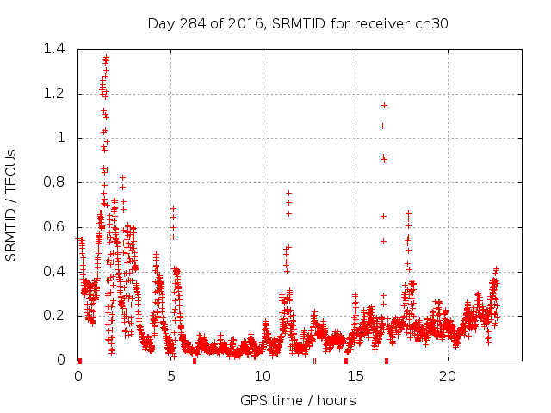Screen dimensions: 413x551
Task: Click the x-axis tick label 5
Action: coord(170,376)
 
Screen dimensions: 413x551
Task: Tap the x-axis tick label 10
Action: coord(263,376)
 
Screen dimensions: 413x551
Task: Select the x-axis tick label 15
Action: coord(356,376)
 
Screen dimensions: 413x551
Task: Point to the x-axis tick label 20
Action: coord(448,376)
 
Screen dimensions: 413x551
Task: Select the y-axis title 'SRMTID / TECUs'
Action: coord(11,205)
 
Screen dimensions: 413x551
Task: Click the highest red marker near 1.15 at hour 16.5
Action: coord(384,105)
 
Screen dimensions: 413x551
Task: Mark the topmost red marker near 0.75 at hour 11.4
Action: coord(288,193)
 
